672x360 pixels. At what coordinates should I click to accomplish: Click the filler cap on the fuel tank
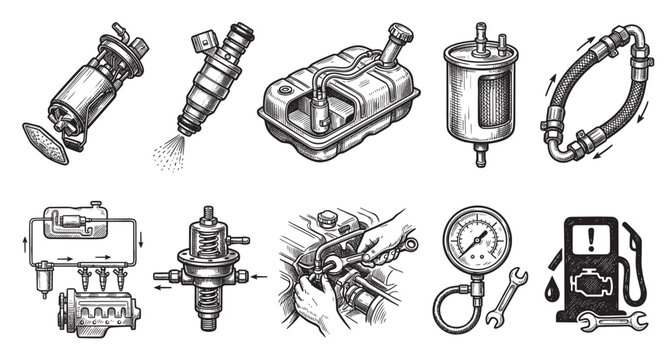pos(401,36)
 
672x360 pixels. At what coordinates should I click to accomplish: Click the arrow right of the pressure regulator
pos(254,273)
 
